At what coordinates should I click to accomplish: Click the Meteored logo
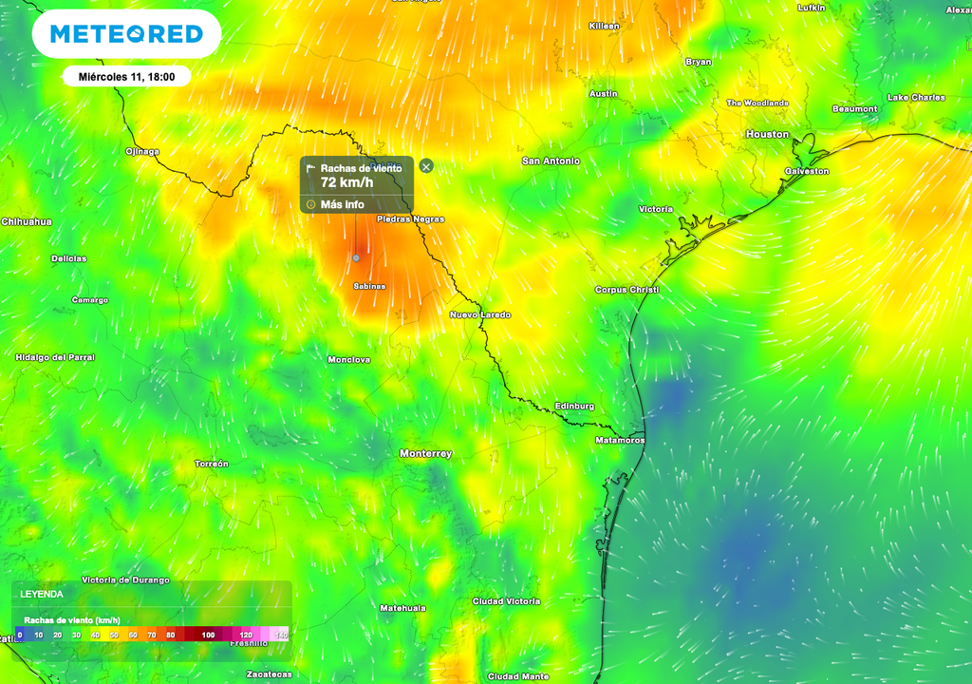126,35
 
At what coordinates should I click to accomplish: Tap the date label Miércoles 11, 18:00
126,76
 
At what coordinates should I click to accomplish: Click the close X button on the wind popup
426,166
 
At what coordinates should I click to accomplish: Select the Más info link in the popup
342,204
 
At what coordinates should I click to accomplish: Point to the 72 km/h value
347,182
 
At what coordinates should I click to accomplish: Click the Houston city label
767,134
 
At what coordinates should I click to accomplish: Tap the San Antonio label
551,161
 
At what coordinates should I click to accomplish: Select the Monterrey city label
425,453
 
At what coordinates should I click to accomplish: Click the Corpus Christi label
626,289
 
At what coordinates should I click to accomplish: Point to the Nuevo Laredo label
479,314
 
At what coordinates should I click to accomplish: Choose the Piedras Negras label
410,218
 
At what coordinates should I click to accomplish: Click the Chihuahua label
27,221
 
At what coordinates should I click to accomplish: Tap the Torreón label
211,464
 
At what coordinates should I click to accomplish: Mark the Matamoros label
619,440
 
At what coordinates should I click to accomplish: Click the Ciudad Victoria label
506,601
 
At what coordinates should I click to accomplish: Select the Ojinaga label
142,151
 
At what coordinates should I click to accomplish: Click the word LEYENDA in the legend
42,594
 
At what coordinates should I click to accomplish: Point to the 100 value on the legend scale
208,635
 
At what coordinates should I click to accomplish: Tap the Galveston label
806,171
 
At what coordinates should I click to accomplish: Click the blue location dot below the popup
356,257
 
